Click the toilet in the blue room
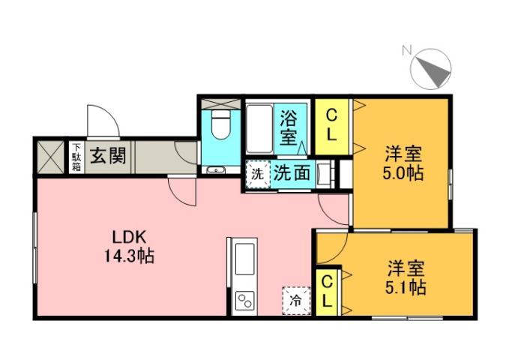coord(220,125)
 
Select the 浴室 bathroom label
coord(289,127)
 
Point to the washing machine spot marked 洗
coord(256,174)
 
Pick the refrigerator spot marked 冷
coord(295,301)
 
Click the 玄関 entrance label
coord(107,157)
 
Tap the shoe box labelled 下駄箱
coord(76,158)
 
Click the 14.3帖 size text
coord(128,256)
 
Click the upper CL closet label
coord(332,126)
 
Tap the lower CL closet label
coord(327,291)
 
